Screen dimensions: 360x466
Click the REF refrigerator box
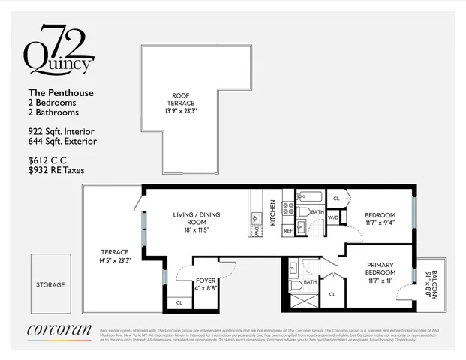(x=287, y=231)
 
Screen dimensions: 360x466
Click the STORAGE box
(x=50, y=284)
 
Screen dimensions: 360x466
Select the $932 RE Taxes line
(x=56, y=171)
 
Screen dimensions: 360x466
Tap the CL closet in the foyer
(x=179, y=302)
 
